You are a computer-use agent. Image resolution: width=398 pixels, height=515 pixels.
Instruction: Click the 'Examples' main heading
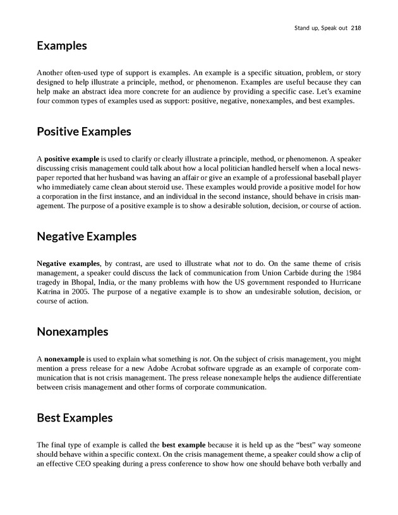[x=62, y=46]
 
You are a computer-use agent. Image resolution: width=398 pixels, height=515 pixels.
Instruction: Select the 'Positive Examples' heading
[x=84, y=132]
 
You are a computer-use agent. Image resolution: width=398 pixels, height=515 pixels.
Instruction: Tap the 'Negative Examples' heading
[x=87, y=237]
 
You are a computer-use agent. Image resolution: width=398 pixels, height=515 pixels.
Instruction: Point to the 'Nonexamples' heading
[x=73, y=332]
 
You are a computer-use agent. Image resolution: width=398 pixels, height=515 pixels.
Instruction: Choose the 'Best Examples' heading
[x=75, y=418]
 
